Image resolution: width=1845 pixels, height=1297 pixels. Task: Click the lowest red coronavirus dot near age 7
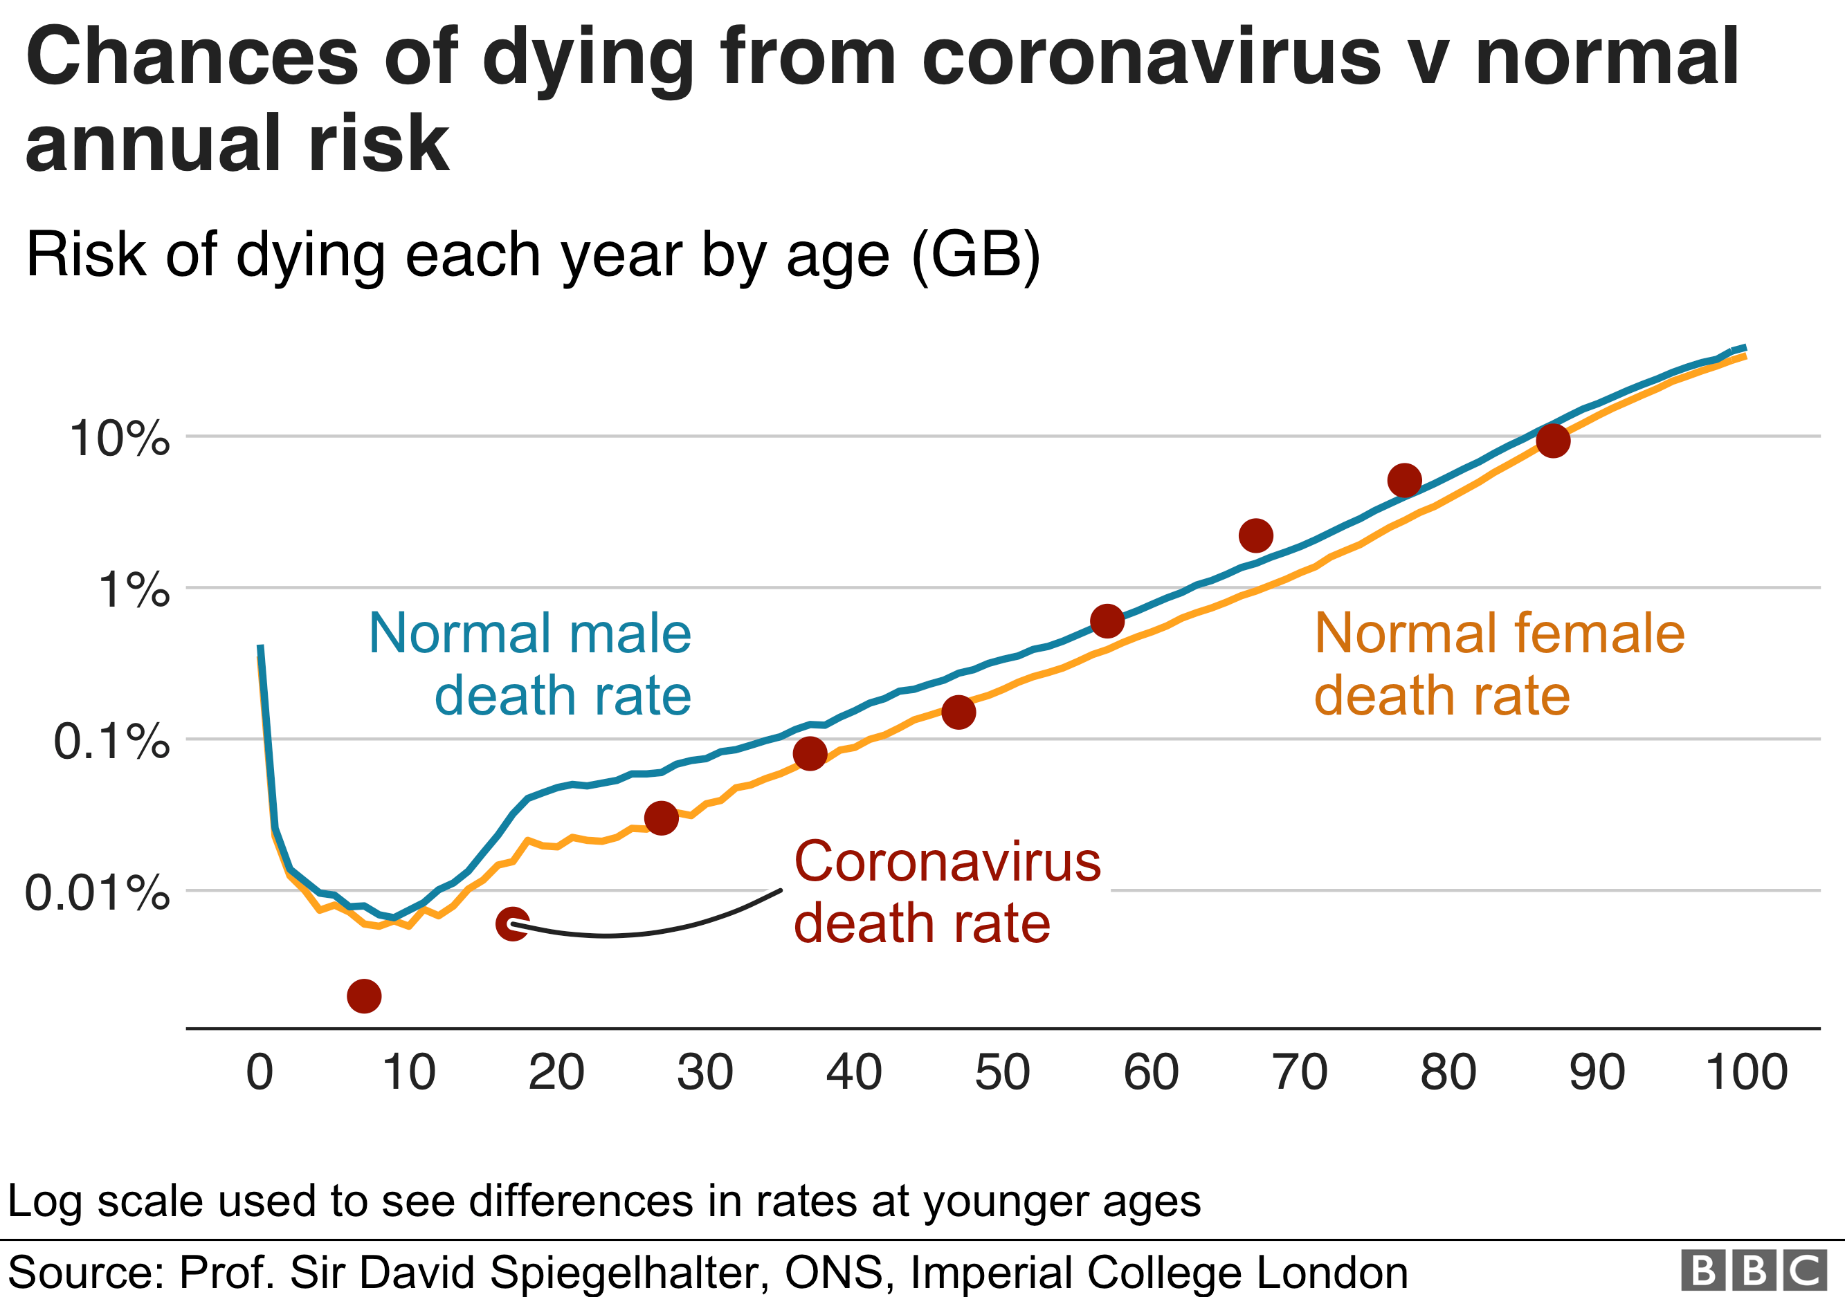click(x=364, y=996)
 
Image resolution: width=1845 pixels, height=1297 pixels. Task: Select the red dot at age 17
click(x=513, y=924)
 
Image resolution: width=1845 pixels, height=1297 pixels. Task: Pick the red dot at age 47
click(x=958, y=712)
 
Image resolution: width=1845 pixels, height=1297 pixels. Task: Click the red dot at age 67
click(x=1256, y=535)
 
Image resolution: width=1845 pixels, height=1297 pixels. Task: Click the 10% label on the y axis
click(x=120, y=439)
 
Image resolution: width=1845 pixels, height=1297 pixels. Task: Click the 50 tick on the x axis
click(x=1002, y=1072)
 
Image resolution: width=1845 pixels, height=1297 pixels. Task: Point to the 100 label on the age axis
click(x=1746, y=1072)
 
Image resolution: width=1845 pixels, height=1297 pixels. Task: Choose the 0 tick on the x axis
click(x=260, y=1072)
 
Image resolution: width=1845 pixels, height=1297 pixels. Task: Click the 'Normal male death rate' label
click(x=530, y=663)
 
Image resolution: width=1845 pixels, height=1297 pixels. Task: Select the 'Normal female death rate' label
click(x=1499, y=663)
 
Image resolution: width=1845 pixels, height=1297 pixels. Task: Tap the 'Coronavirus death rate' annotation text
click(x=947, y=892)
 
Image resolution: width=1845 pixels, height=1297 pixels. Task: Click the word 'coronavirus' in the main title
click(x=1151, y=58)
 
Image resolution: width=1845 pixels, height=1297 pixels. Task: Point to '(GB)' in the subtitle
click(x=976, y=255)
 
